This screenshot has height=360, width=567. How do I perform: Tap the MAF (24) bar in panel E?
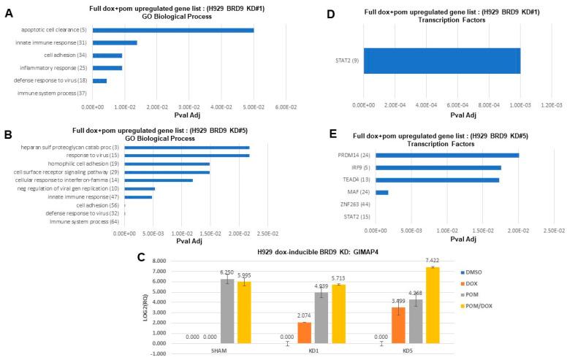click(x=381, y=192)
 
